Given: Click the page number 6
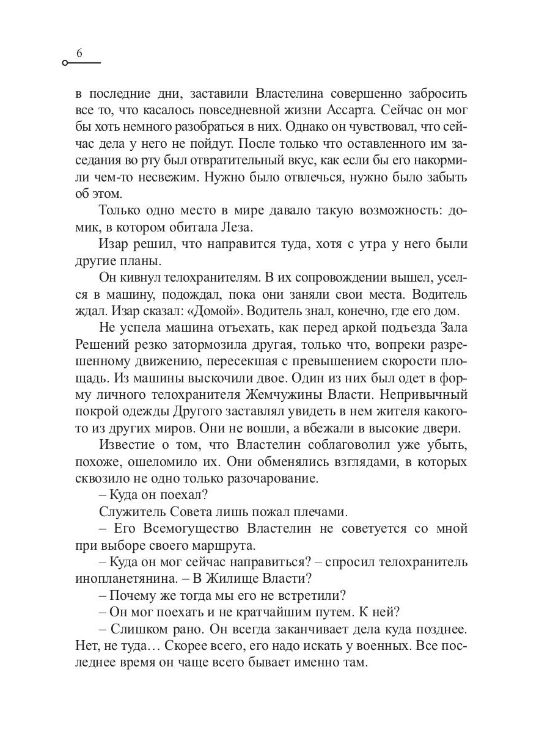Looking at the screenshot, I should (79, 54).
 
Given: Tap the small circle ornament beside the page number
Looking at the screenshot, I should (65, 64).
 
